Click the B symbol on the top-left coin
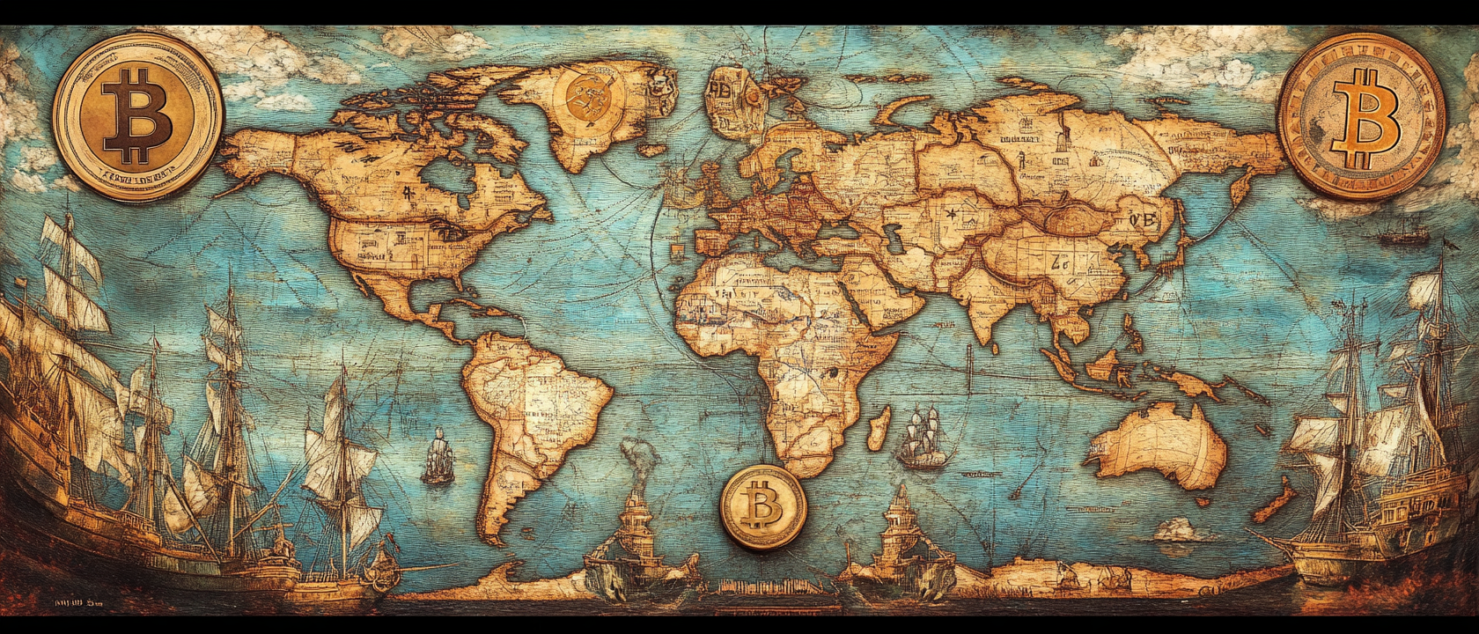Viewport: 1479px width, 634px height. [x=136, y=116]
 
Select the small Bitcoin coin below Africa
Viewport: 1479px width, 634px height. [x=762, y=507]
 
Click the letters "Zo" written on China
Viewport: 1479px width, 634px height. [x=1057, y=262]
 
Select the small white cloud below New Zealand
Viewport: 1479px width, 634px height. [x=1180, y=530]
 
